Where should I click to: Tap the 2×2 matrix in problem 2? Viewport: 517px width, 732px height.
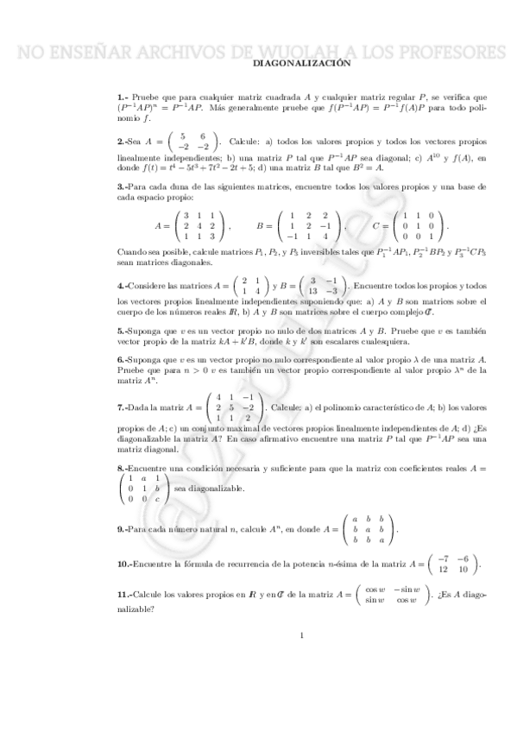[192, 142]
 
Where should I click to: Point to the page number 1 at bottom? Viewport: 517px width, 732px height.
[302, 637]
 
